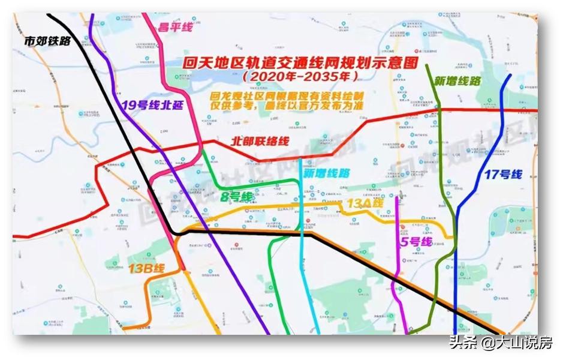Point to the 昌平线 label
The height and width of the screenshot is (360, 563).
174,26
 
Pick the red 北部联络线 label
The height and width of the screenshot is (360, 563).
260,142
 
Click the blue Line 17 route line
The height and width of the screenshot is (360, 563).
456,270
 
